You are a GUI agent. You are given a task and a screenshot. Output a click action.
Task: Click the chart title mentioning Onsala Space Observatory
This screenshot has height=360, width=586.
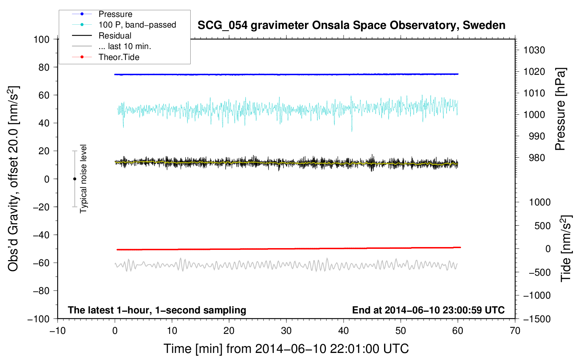click(351, 25)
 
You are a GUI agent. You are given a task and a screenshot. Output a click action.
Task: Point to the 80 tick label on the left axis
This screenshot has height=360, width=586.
click(44, 67)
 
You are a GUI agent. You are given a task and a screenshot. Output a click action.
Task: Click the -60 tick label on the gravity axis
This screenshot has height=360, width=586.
click(41, 263)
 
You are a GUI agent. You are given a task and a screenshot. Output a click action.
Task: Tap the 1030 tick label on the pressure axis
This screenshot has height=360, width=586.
click(534, 50)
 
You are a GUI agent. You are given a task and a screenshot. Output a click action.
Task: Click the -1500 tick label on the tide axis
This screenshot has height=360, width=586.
click(537, 319)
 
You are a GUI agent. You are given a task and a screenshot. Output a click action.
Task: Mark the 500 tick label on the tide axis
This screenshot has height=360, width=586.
click(543, 226)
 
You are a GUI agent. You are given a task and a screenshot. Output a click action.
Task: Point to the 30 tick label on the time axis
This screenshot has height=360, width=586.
click(286, 331)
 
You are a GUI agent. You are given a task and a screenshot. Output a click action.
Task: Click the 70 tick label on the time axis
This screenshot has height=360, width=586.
click(515, 331)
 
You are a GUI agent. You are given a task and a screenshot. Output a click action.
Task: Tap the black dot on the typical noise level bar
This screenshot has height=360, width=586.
click(74, 179)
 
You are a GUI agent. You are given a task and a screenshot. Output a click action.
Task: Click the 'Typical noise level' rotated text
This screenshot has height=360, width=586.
click(83, 179)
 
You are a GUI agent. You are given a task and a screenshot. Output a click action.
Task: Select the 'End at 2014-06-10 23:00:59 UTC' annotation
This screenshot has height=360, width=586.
click(428, 310)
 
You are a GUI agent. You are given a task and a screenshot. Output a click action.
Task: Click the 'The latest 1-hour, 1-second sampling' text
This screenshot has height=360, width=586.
click(157, 310)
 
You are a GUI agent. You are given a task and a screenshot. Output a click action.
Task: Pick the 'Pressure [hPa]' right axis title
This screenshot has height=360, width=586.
click(560, 109)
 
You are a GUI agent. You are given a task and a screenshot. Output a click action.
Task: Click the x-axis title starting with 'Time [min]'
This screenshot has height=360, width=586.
click(286, 349)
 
